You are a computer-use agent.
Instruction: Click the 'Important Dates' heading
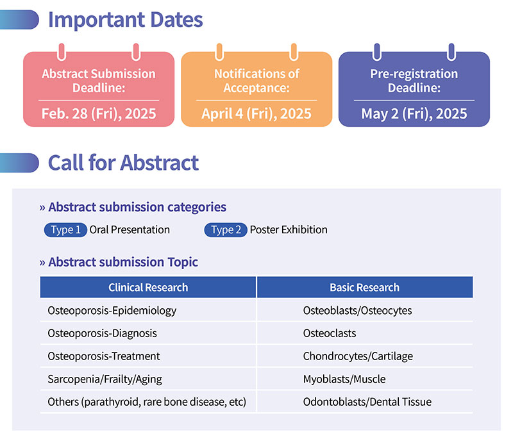click(125, 21)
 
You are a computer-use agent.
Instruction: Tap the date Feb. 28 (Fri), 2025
click(99, 113)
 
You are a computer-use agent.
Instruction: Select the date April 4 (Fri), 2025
click(256, 113)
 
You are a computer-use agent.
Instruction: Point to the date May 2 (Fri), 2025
click(414, 113)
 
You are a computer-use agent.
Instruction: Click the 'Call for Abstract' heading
click(123, 163)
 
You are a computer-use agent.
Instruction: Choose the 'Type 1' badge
click(65, 230)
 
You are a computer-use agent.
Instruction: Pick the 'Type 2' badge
click(226, 230)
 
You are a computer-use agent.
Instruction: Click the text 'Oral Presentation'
click(130, 230)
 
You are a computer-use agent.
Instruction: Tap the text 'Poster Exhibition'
click(289, 230)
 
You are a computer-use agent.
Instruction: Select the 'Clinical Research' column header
click(148, 287)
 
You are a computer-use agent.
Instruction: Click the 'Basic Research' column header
click(365, 287)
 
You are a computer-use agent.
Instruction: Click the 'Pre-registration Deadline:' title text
click(414, 81)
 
